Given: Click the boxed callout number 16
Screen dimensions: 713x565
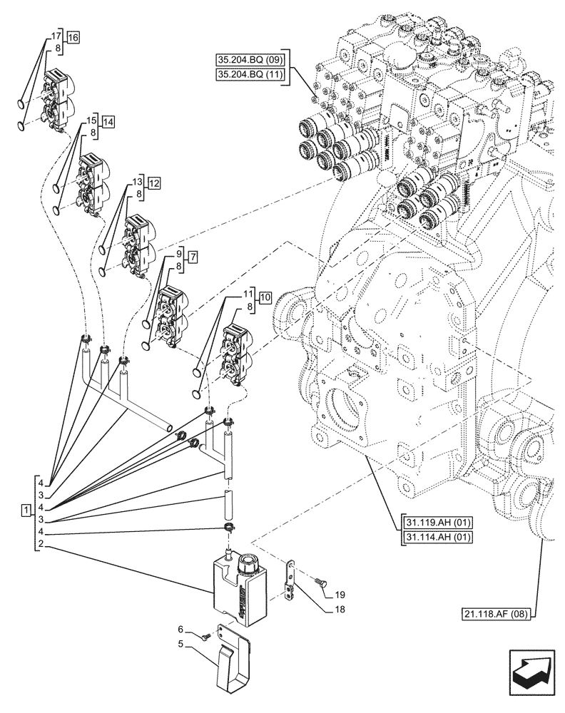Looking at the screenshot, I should click(74, 38).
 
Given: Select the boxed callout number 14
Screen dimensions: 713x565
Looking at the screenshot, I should click(108, 122).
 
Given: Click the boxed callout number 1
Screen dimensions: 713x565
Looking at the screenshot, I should click(26, 511).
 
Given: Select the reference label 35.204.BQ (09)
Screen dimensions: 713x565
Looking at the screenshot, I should click(247, 59).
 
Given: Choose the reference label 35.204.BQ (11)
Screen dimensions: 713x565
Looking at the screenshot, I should click(247, 75).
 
